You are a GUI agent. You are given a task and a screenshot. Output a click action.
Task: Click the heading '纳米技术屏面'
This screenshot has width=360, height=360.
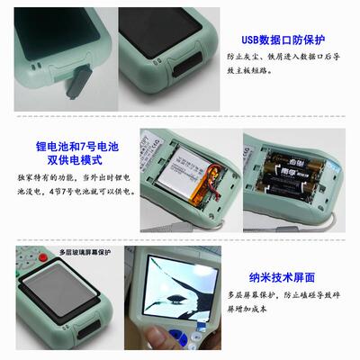tap(287, 278)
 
